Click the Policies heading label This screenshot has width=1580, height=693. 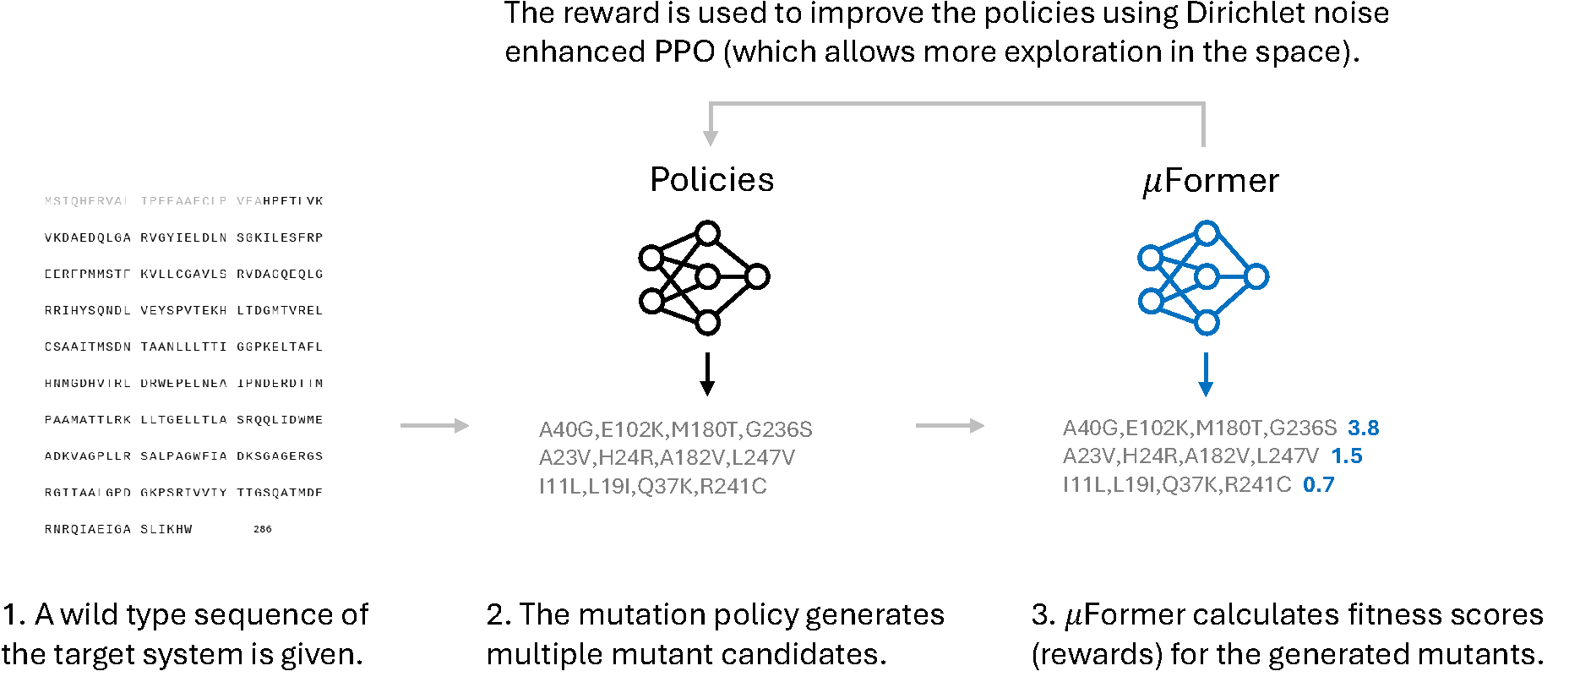coord(711,180)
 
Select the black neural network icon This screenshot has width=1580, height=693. coord(703,277)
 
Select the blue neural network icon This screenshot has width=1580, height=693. coord(1203,277)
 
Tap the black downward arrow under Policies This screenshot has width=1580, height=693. coord(707,374)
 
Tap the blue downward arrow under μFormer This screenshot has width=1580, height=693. coord(1206,374)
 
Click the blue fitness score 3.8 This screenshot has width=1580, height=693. coord(1363,428)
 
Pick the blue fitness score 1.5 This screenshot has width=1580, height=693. coord(1347,456)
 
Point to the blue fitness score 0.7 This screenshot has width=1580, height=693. coord(1318,485)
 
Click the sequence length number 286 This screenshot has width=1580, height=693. coord(263,529)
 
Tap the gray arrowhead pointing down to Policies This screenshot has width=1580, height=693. coord(711,137)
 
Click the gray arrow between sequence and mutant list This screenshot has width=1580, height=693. coord(434,426)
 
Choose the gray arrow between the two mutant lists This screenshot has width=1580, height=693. coord(950,426)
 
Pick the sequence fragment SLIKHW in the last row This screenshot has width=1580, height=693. coord(166,529)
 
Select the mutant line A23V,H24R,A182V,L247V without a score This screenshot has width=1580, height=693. coord(667,458)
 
